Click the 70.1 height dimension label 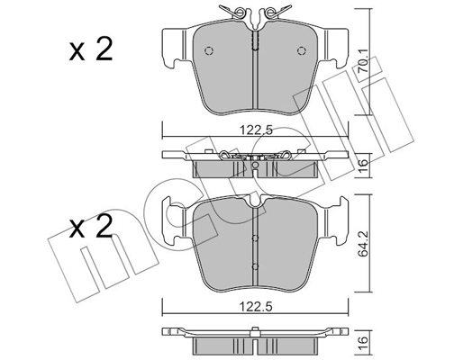click(x=364, y=62)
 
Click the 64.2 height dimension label click(x=364, y=245)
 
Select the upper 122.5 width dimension click(x=256, y=130)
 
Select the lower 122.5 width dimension click(x=256, y=307)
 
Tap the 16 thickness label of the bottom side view click(x=364, y=340)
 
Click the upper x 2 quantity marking click(x=91, y=49)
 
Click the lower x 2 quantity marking click(x=91, y=227)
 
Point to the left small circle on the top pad click(x=209, y=51)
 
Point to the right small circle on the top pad click(x=302, y=51)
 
